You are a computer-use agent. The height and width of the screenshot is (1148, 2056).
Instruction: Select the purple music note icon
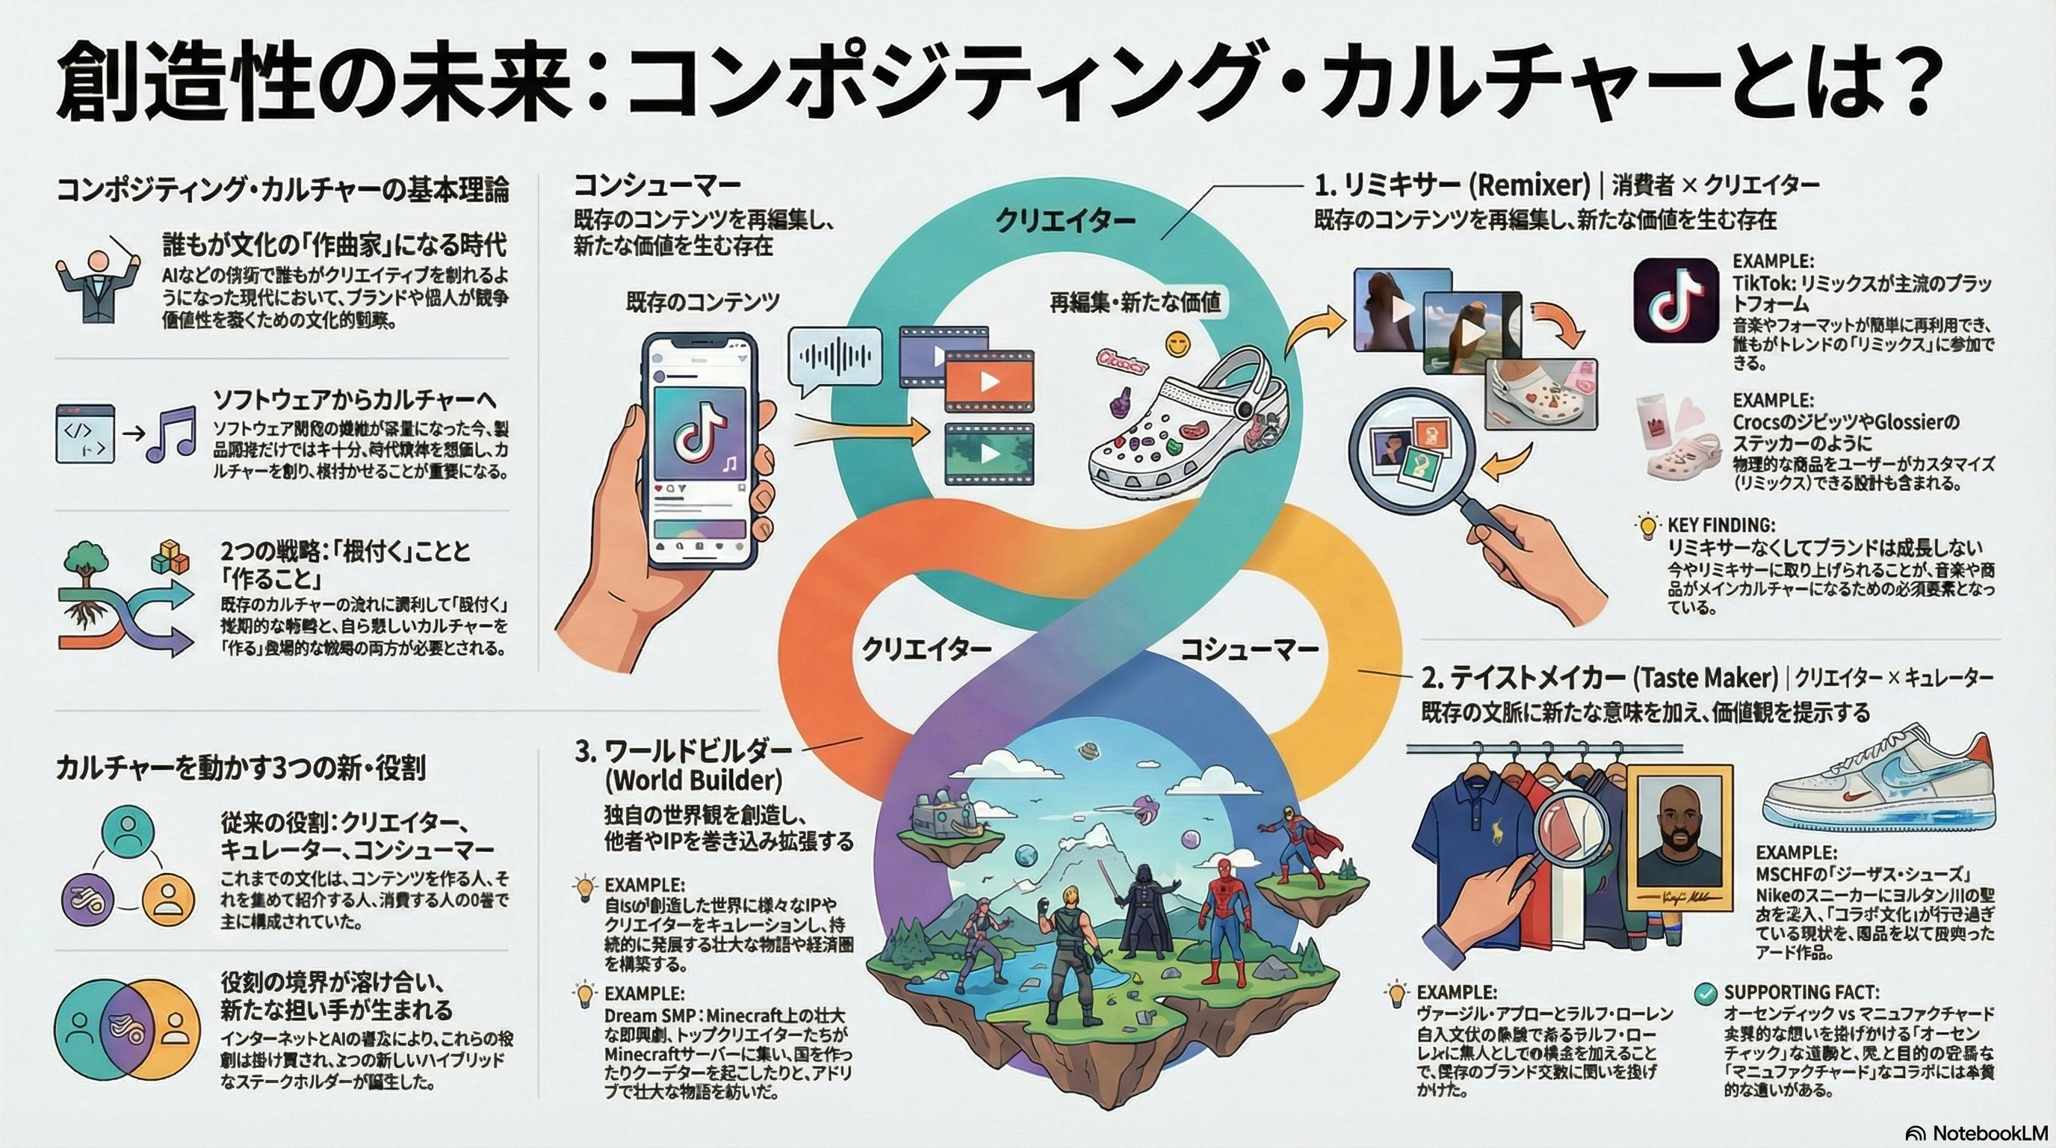pyautogui.click(x=172, y=434)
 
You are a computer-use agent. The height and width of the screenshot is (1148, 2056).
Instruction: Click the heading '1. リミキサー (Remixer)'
pyautogui.click(x=1452, y=185)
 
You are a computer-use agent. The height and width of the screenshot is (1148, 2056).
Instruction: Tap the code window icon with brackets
pyautogui.click(x=84, y=433)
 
